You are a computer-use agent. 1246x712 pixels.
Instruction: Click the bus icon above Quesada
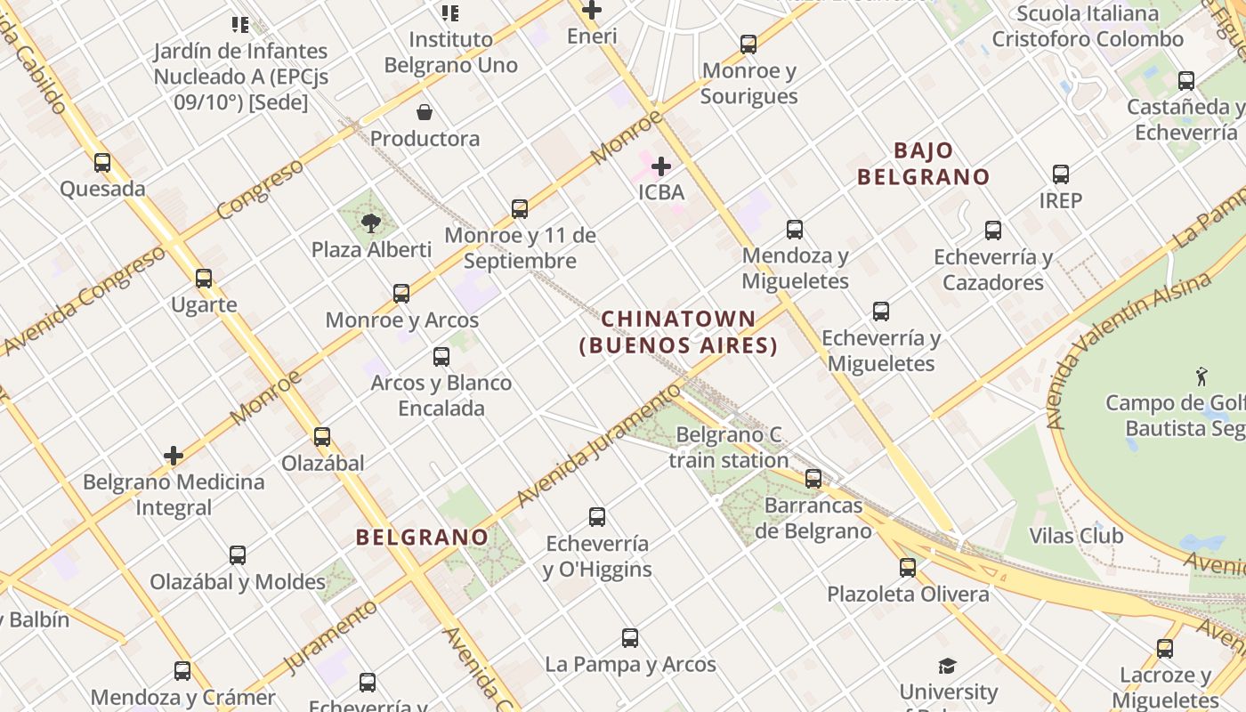[x=102, y=163]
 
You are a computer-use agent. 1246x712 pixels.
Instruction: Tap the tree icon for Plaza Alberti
[x=371, y=223]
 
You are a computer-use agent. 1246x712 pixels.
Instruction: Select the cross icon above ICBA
[x=661, y=166]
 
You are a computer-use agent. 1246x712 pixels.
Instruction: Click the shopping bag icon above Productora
[x=425, y=112]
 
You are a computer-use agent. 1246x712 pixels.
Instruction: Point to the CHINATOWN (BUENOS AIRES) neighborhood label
[x=678, y=332]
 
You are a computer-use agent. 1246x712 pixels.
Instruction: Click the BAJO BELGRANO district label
[x=923, y=164]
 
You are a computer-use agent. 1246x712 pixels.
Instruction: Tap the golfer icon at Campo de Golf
[x=1202, y=376]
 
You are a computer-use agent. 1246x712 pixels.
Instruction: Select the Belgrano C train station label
[x=728, y=448]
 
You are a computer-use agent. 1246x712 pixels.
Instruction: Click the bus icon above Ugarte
[x=204, y=279]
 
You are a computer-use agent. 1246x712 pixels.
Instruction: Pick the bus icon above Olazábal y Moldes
[x=238, y=555]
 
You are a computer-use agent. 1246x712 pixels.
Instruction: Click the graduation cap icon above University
[x=947, y=666]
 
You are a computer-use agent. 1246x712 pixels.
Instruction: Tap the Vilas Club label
[x=1075, y=536]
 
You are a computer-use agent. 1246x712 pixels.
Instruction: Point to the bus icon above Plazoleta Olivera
[x=908, y=568]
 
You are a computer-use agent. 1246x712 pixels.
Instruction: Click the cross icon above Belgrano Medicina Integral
[x=174, y=456]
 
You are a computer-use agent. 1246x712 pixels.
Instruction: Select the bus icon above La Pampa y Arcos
[x=630, y=638]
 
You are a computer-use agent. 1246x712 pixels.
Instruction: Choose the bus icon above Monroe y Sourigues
[x=748, y=44]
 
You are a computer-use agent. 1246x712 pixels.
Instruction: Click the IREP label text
[x=1060, y=200]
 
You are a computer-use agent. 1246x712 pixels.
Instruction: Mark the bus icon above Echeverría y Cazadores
[x=993, y=231]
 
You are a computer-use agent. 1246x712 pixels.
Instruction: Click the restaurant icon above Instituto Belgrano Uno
[x=450, y=13]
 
